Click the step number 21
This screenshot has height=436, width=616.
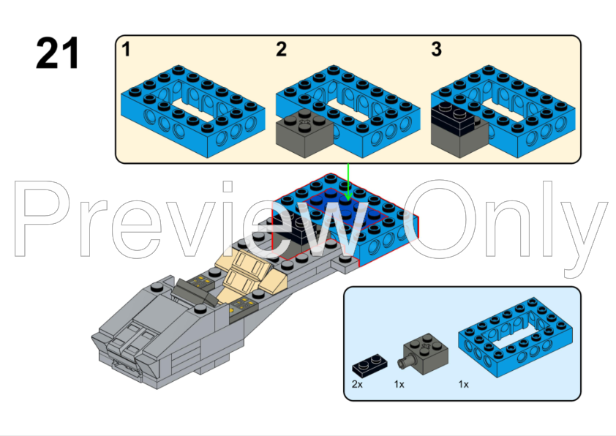pyautogui.click(x=58, y=53)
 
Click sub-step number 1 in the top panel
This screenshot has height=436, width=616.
pyautogui.click(x=127, y=50)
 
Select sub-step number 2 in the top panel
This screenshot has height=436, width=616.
pyautogui.click(x=282, y=50)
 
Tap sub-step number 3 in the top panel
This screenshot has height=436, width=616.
pyautogui.click(x=436, y=50)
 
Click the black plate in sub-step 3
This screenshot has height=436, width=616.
pyautogui.click(x=451, y=114)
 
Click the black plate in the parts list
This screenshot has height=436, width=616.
pyautogui.click(x=370, y=364)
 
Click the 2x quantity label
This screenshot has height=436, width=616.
pyautogui.click(x=357, y=383)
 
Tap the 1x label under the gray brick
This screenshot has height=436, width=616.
pyautogui.click(x=399, y=383)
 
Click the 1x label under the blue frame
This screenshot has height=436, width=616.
pyautogui.click(x=464, y=383)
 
